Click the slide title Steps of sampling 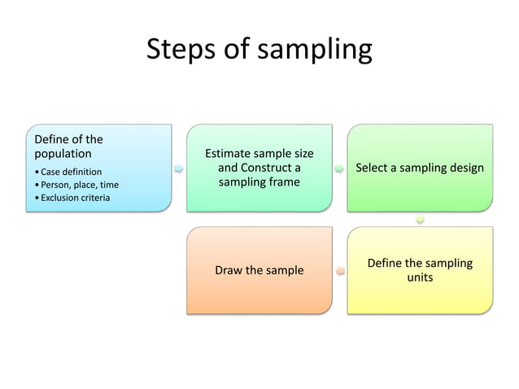coord(259,50)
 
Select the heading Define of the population coord(68,146)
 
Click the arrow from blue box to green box coord(178,168)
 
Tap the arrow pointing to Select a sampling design coord(339,168)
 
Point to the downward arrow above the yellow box coord(420,219)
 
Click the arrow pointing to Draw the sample coord(339,270)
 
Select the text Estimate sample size coord(259,153)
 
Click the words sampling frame coord(259,182)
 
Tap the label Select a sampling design coord(420,168)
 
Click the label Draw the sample coord(259,270)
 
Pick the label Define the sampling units coord(420,270)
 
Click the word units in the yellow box coord(420,278)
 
